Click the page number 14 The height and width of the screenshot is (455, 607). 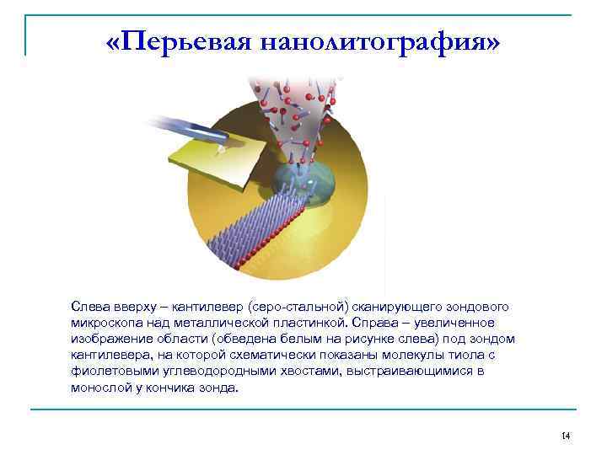(x=566, y=435)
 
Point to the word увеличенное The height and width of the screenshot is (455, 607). (x=470, y=323)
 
